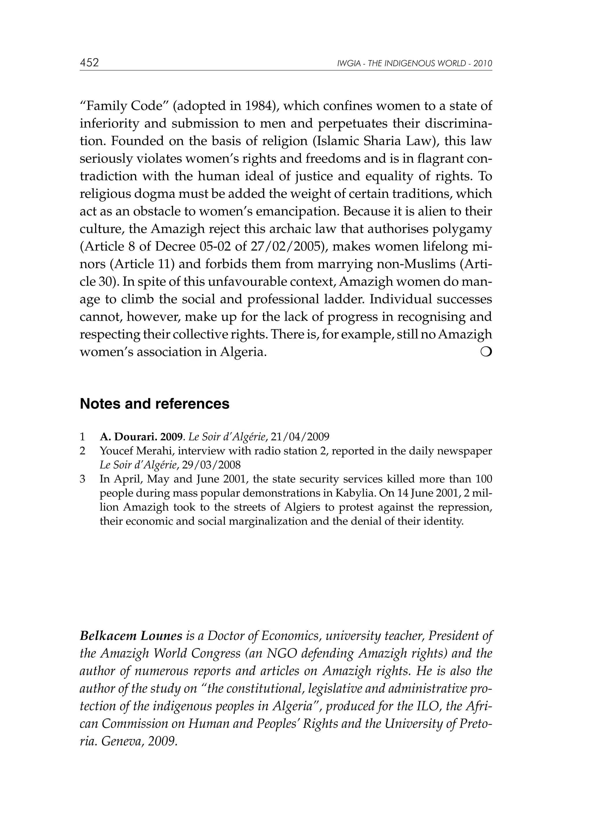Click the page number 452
89,63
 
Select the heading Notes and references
155,404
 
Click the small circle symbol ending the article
487,352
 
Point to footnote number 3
83,479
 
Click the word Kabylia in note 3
355,493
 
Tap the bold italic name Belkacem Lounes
131,636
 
